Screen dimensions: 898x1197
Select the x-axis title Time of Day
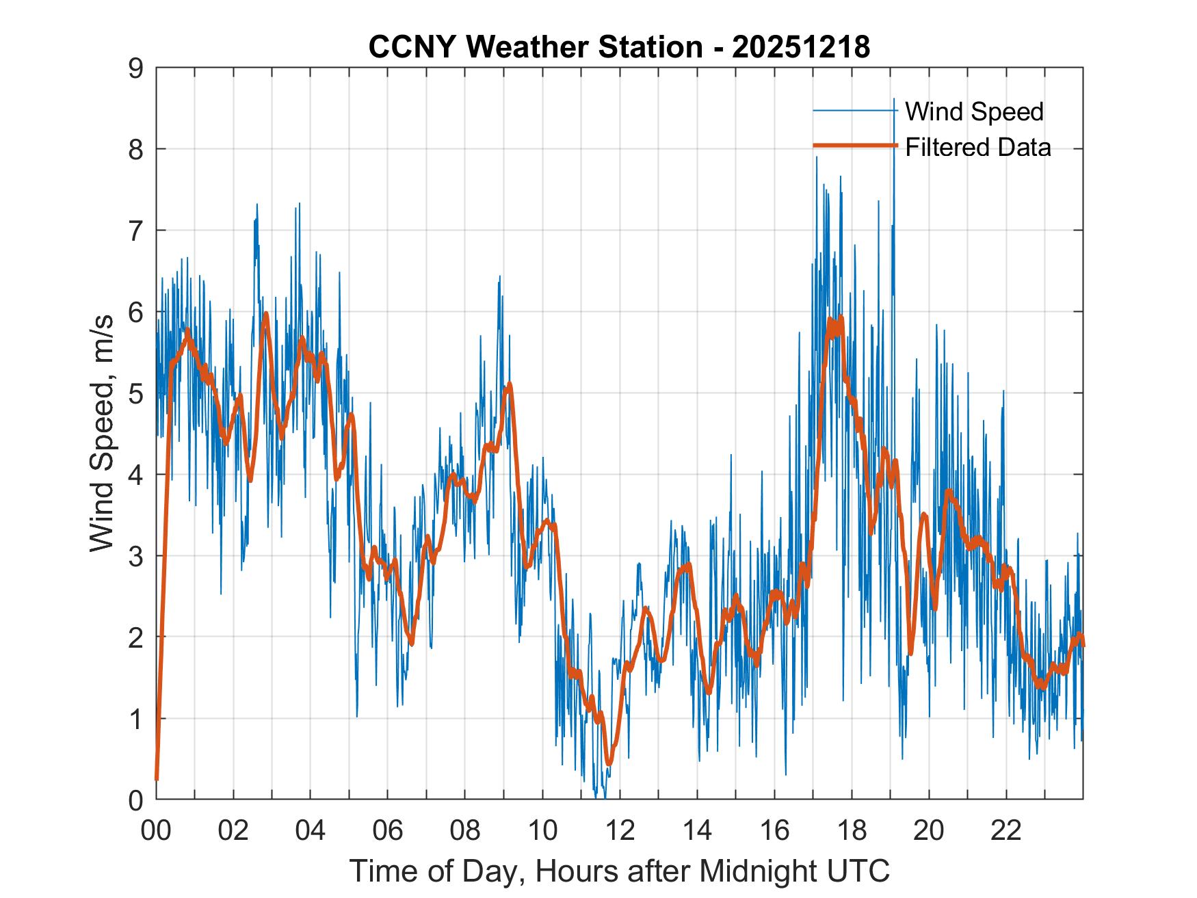pyautogui.click(x=619, y=871)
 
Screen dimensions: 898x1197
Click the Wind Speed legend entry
pyautogui.click(x=974, y=111)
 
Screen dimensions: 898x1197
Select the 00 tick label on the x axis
pyautogui.click(x=156, y=831)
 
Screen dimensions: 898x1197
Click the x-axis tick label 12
pyautogui.click(x=620, y=831)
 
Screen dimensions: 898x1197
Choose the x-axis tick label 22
pyautogui.click(x=1006, y=831)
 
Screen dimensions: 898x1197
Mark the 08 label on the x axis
pyautogui.click(x=465, y=831)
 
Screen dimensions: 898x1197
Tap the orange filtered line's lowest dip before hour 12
pyautogui.click(x=609, y=763)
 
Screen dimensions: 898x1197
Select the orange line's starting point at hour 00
pyautogui.click(x=157, y=778)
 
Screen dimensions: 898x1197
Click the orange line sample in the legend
pyautogui.click(x=854, y=146)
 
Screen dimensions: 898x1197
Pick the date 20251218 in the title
pyautogui.click(x=801, y=47)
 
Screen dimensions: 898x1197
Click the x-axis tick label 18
pyautogui.click(x=852, y=831)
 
